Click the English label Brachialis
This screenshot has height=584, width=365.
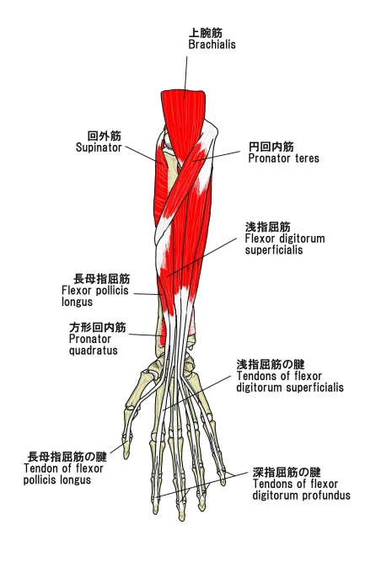point(212,45)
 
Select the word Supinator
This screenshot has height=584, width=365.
point(99,147)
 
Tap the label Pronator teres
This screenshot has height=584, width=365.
point(284,158)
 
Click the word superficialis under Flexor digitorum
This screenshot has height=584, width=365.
point(274,250)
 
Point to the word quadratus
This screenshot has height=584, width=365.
point(93,351)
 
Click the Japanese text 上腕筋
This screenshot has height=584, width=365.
point(205,33)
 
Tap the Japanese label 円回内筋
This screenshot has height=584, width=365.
point(271,147)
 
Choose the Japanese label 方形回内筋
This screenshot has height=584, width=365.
point(98,327)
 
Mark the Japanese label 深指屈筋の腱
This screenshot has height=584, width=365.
point(287,472)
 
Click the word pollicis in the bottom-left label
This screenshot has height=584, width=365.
point(39,480)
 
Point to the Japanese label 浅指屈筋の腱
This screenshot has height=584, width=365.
point(271,364)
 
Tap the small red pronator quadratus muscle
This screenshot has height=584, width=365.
point(163,334)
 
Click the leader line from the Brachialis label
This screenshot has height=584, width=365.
point(185,78)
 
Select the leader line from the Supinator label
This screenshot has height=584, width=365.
point(142,154)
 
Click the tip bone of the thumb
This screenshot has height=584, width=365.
point(126,450)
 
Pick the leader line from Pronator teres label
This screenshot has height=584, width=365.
point(217,156)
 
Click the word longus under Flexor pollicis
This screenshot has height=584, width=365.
point(77,302)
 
